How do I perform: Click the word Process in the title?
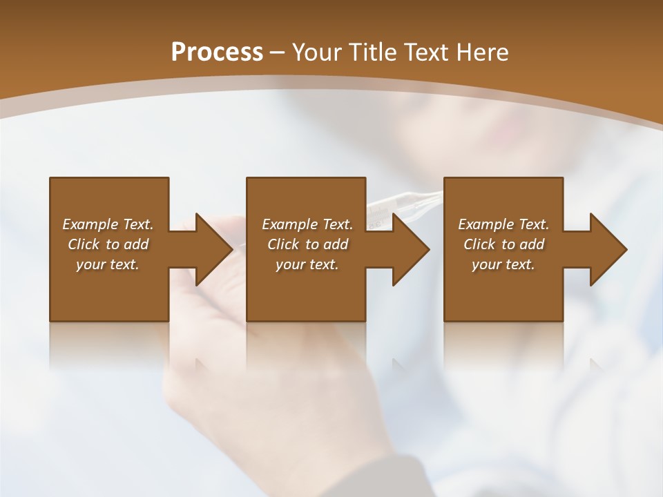tap(217, 52)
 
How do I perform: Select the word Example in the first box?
tap(90, 224)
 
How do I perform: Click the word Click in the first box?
tap(84, 244)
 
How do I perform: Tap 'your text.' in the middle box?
tap(307, 264)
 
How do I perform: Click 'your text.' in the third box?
tap(503, 264)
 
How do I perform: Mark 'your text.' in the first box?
tap(107, 264)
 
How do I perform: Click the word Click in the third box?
tap(479, 244)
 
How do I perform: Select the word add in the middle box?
tap(336, 244)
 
